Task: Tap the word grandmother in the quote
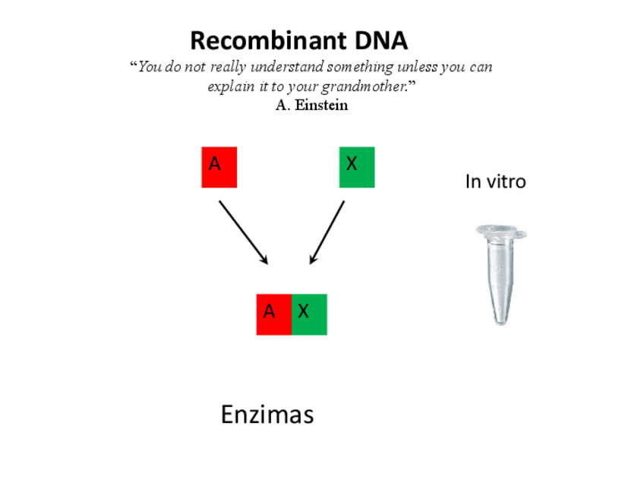[x=361, y=86]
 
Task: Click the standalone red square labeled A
[x=219, y=167]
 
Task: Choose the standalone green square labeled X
[x=356, y=167]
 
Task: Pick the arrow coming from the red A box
[x=243, y=232]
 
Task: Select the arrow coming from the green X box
[x=327, y=232]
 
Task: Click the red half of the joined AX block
[x=273, y=314]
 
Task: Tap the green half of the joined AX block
[x=309, y=314]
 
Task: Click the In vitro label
[x=495, y=182]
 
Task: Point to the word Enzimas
[x=267, y=415]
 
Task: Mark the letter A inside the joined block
[x=269, y=311]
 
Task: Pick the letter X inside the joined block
[x=303, y=311]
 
